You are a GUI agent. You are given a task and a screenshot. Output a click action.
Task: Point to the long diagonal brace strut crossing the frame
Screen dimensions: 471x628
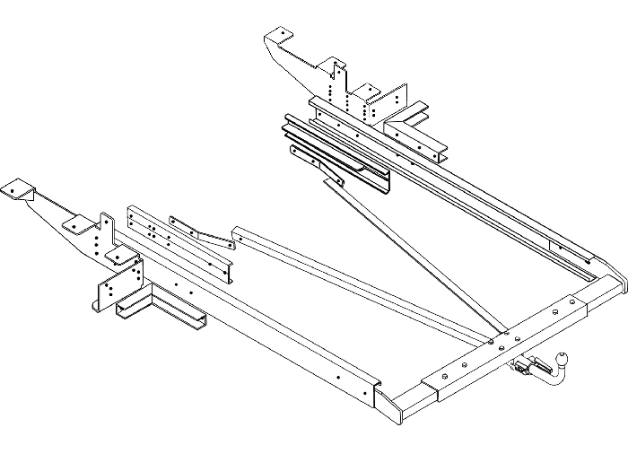422,256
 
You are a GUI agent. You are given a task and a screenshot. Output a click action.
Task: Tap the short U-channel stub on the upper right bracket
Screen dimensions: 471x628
414,115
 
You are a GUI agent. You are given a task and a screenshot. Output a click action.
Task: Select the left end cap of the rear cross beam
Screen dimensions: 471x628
402,404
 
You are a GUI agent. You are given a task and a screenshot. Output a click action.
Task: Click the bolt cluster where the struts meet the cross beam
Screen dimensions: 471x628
495,339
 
